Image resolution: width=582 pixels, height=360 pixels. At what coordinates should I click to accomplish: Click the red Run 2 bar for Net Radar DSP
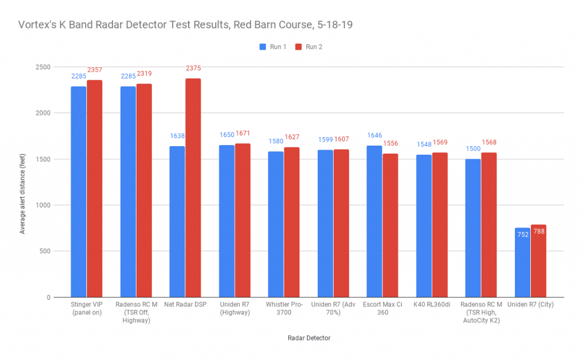(x=193, y=188)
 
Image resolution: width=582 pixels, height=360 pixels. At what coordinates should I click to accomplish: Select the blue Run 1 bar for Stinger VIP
(x=78, y=192)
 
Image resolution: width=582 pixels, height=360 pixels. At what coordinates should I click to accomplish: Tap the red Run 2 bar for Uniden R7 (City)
(x=538, y=261)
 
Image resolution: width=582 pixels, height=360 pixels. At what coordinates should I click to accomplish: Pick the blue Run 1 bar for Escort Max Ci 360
(x=374, y=221)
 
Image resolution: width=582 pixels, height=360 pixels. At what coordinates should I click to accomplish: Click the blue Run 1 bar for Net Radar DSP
(x=177, y=222)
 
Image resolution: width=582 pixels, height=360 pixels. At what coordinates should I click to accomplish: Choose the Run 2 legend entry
(x=309, y=47)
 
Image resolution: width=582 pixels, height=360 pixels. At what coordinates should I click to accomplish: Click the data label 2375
(x=193, y=68)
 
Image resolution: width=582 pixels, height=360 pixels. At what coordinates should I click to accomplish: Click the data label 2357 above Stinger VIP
(x=95, y=70)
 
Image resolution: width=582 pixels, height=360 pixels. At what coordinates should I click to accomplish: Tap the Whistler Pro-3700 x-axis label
(x=284, y=308)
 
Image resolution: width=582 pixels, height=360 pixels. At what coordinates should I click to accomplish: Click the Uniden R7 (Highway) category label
(x=234, y=308)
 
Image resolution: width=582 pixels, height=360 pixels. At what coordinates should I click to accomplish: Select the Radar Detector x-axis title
(x=307, y=338)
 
